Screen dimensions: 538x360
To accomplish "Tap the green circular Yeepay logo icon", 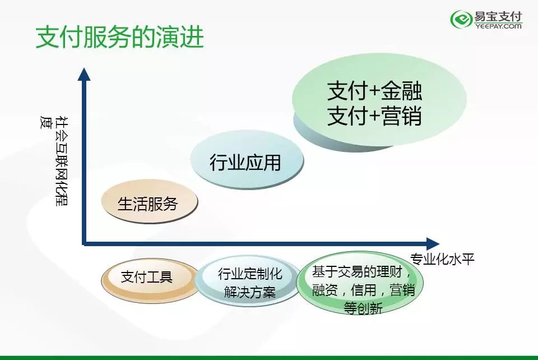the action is point(461,19).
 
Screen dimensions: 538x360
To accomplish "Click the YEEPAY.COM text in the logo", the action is point(498,26).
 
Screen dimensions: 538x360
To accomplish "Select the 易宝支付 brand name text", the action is point(498,16).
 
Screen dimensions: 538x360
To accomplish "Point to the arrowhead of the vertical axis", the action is point(84,74).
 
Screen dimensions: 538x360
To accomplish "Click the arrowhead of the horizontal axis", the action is point(433,244).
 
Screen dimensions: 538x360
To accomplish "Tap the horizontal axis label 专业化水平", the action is point(442,259).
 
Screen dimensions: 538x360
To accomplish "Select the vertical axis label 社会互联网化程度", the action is point(54,161).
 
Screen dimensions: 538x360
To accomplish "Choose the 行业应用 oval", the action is point(247,160).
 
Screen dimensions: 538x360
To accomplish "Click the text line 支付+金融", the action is point(374,91).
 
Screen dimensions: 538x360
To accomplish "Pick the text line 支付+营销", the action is point(374,116).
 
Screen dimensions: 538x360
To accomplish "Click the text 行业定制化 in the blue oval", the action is point(250,274).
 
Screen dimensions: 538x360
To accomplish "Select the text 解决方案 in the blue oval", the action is point(250,292).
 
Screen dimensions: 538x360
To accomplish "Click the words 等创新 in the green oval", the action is point(363,308).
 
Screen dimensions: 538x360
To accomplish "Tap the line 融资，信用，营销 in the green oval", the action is point(363,290).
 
